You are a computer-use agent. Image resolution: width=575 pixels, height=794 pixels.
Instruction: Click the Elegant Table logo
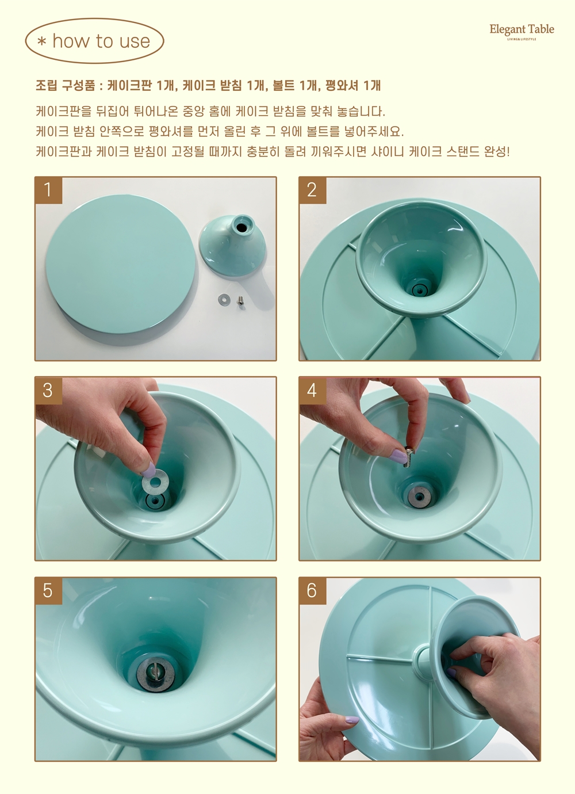tap(522, 32)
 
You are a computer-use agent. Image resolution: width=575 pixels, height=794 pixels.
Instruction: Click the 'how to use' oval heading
tap(95, 41)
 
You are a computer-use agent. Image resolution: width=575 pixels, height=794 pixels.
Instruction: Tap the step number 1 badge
tap(48, 190)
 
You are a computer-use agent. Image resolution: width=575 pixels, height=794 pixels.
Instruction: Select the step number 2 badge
tap(312, 190)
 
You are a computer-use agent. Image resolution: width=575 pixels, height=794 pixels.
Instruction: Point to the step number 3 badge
tap(48, 390)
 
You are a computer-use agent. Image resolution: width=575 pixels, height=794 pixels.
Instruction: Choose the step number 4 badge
tap(312, 390)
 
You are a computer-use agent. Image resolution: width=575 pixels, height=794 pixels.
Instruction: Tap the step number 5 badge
tap(48, 591)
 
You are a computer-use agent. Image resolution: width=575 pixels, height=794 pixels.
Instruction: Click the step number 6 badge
tap(312, 591)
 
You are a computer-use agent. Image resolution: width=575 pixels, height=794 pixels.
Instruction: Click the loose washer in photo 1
tap(224, 299)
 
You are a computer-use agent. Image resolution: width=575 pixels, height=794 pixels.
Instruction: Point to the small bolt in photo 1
tap(240, 300)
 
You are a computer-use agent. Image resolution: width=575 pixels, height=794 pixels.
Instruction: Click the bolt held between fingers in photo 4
tap(408, 457)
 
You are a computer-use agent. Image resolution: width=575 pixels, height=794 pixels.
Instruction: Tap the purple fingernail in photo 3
tap(148, 469)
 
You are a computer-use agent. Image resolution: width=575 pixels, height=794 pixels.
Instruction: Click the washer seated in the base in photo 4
tap(419, 495)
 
